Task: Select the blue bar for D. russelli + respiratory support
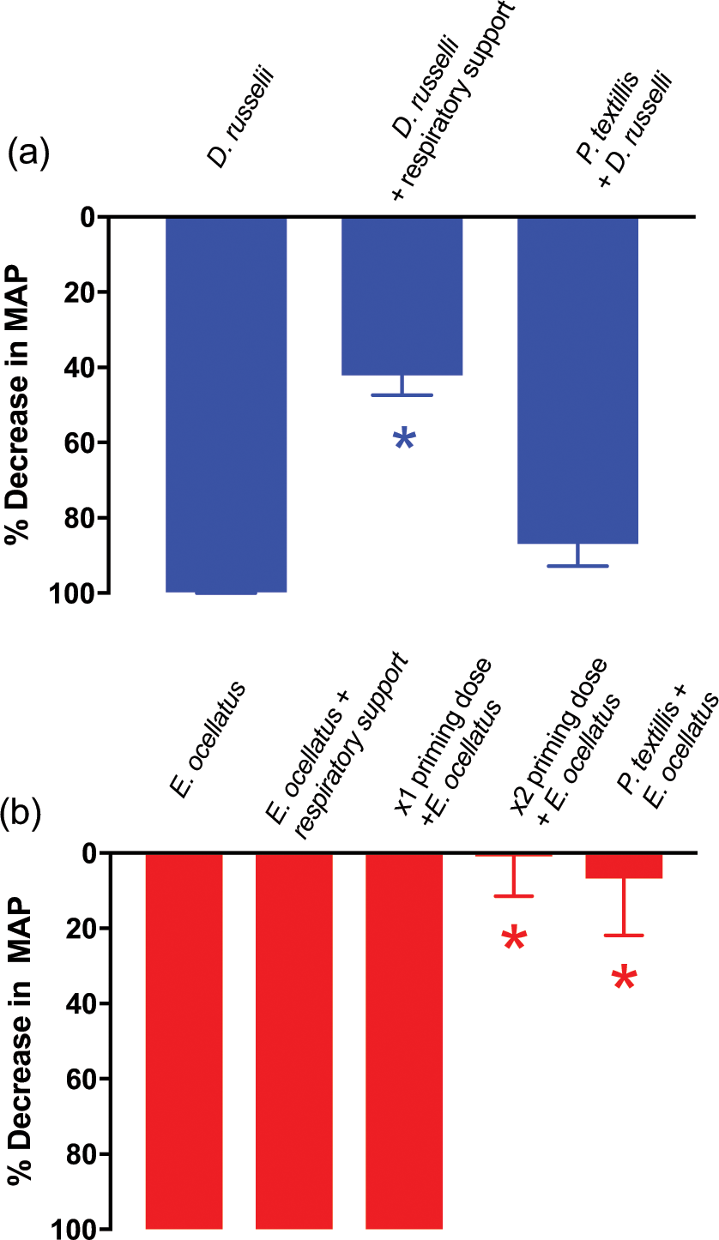(x=402, y=297)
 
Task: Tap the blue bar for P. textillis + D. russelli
(x=578, y=381)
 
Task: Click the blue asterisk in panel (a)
(x=404, y=440)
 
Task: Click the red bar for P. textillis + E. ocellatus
(x=624, y=865)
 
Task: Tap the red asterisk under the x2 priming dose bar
(x=514, y=939)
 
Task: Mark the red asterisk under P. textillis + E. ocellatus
(x=624, y=978)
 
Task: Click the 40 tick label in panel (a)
(x=80, y=368)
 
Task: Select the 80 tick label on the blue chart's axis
(x=80, y=518)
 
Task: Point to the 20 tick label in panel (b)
(x=80, y=928)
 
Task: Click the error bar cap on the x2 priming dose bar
(x=514, y=896)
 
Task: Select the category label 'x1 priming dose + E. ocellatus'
(x=442, y=733)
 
